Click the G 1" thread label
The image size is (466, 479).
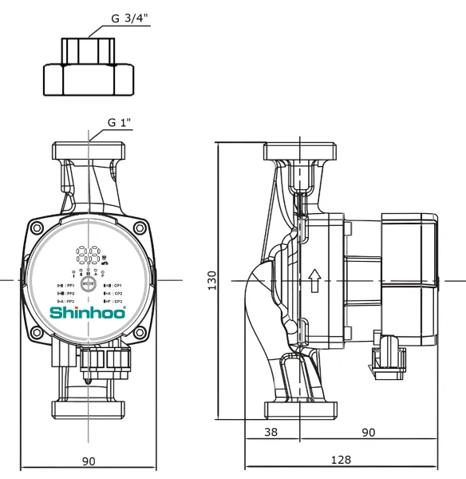pyautogui.click(x=120, y=123)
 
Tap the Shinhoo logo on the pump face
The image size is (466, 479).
pyautogui.click(x=88, y=312)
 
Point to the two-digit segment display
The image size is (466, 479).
pyautogui.click(x=89, y=255)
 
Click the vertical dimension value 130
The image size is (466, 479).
pyautogui.click(x=212, y=280)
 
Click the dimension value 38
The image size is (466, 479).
pyautogui.click(x=271, y=432)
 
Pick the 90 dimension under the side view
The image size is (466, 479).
pyautogui.click(x=369, y=432)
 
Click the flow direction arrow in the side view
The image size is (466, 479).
pyautogui.click(x=314, y=280)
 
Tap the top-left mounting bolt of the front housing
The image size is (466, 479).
pyautogui.click(x=38, y=229)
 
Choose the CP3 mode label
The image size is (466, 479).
pyautogui.click(x=114, y=302)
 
